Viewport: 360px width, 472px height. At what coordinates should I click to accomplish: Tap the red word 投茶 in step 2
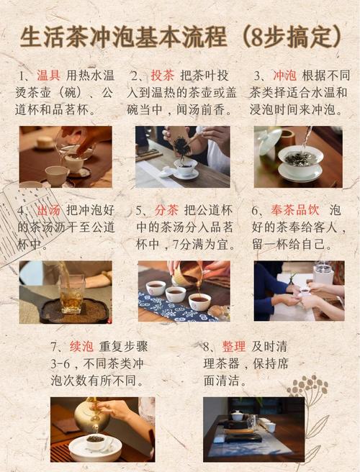[x=163, y=76]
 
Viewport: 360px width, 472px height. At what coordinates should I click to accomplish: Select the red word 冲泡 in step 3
[x=284, y=76]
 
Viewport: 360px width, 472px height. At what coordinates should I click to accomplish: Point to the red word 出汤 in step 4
[x=49, y=210]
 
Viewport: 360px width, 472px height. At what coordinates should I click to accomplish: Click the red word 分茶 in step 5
[x=166, y=210]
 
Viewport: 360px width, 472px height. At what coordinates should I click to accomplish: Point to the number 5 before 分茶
[x=139, y=210]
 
